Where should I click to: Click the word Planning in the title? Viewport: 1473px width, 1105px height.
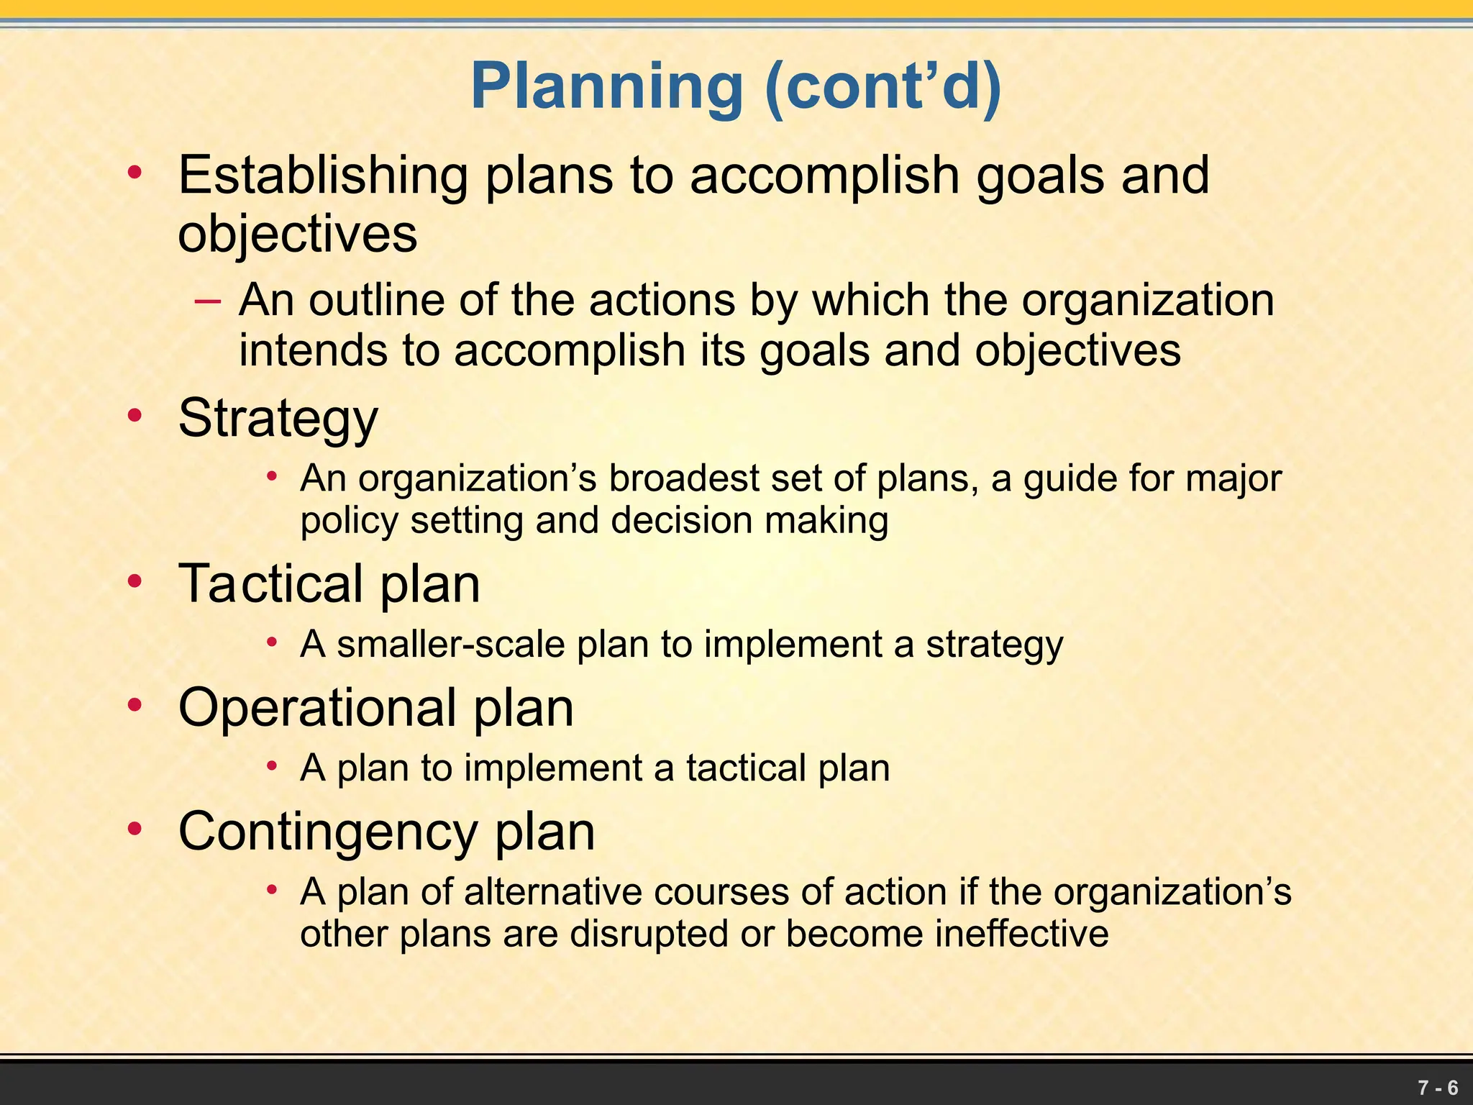pos(606,86)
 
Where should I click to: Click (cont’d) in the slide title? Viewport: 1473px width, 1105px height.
pos(883,86)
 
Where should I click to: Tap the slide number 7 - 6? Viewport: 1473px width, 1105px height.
pos(1438,1087)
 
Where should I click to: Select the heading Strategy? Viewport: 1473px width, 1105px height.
pos(278,418)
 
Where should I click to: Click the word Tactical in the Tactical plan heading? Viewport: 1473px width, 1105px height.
pos(270,583)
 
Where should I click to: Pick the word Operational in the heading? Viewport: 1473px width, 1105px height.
pos(317,708)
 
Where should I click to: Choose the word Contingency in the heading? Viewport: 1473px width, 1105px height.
pos(327,832)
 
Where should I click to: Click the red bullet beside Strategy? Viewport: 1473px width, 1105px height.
pos(134,416)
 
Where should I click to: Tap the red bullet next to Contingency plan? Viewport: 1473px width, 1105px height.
pos(134,829)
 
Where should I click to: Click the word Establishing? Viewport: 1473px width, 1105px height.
pos(323,176)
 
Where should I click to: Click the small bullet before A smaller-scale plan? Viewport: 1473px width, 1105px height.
pos(272,642)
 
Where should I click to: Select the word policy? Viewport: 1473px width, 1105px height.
pos(349,521)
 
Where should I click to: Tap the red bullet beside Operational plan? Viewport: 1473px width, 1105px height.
pos(134,706)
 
